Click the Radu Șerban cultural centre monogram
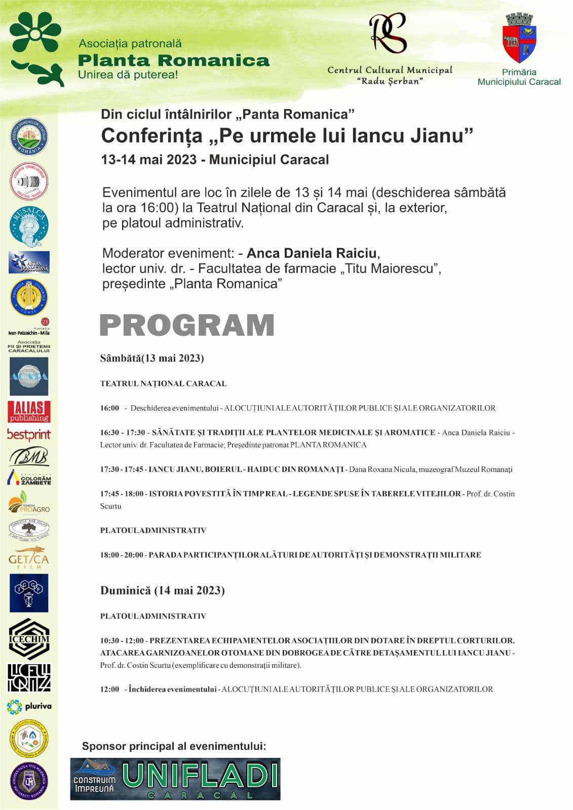tap(388, 33)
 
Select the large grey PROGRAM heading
tap(187, 325)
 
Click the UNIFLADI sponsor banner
tap(175, 779)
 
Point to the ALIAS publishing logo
tap(29, 412)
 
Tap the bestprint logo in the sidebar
tap(29, 434)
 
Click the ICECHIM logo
tap(29, 639)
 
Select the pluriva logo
tap(29, 706)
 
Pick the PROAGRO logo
tap(29, 503)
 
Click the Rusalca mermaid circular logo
tap(29, 226)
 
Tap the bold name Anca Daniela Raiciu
tap(312, 253)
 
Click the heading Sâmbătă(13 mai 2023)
tap(152, 358)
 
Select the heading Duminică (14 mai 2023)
tap(162, 590)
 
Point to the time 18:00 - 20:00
tap(122, 555)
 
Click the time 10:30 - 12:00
tap(122, 640)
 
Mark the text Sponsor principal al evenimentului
tap(174, 746)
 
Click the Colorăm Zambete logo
tap(29, 478)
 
